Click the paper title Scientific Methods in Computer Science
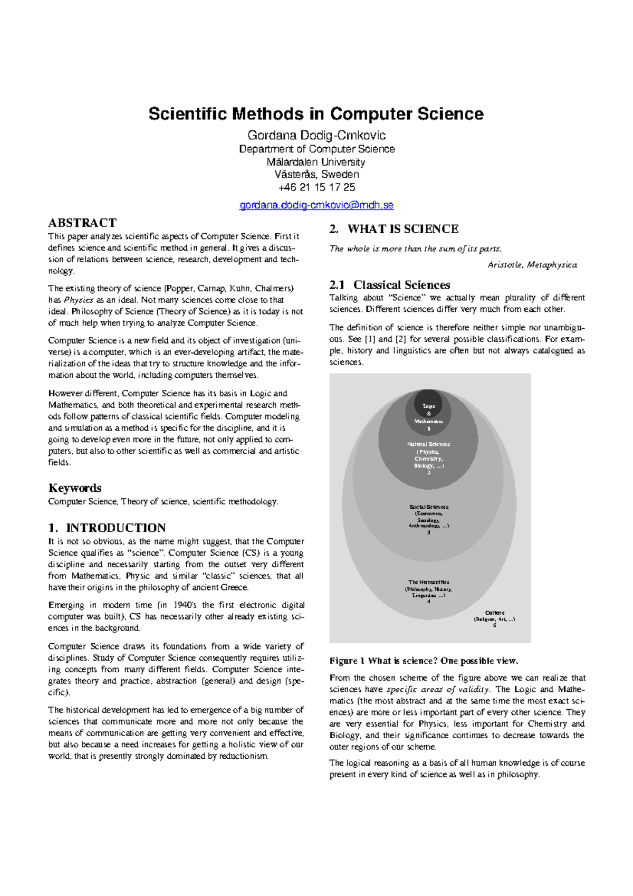pos(316,114)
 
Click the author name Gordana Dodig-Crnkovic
pos(316,136)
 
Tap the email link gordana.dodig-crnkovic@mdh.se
pos(316,205)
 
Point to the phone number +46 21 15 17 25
pos(316,187)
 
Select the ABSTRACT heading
pos(82,223)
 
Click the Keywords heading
pos(74,488)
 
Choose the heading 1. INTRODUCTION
pos(107,528)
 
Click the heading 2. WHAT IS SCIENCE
pos(394,229)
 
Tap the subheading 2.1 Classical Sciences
pos(389,285)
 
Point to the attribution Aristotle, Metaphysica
pos(532,265)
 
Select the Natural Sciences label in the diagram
pos(428,455)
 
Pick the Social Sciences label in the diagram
pos(428,517)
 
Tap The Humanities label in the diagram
pos(428,589)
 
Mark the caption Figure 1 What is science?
pos(424,661)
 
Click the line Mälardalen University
pos(316,162)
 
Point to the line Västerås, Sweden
pos(316,175)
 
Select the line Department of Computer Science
pos(316,149)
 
